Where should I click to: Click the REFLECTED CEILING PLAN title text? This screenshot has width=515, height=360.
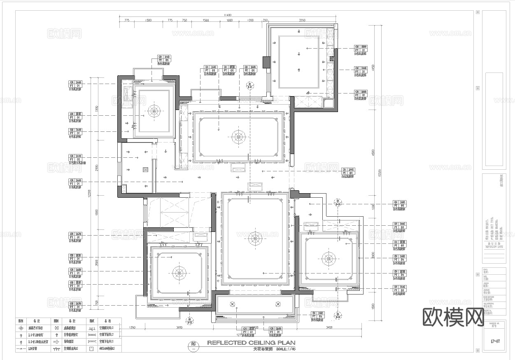[x=251, y=343]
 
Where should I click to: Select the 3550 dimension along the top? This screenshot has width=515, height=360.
[x=302, y=20]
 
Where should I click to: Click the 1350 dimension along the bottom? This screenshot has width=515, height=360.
[x=132, y=327]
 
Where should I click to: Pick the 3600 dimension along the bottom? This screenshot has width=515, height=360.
[x=179, y=327]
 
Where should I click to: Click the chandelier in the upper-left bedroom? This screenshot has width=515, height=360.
[x=154, y=110]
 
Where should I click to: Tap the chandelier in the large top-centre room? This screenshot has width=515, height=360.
[x=238, y=136]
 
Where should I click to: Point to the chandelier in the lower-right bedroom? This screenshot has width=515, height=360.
[x=329, y=259]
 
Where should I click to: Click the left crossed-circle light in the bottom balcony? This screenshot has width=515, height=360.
[x=232, y=304]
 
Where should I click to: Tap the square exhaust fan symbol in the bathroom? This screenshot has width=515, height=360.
[x=145, y=169]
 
